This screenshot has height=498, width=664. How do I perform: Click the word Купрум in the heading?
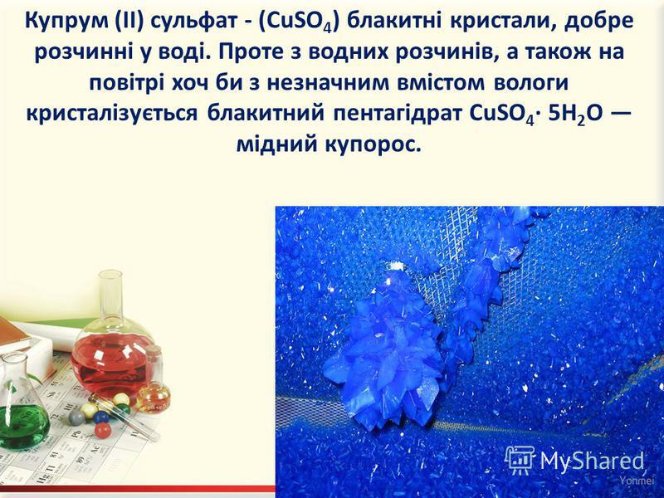tap(66, 22)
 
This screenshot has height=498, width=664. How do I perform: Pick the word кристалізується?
tap(112, 115)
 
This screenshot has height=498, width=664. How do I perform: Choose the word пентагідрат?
tap(397, 115)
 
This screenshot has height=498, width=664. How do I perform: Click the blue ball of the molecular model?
tap(100, 417)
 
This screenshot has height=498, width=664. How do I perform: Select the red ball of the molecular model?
tap(103, 431)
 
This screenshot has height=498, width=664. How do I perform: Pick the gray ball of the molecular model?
tap(76, 417)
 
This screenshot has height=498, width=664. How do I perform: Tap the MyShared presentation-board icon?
tap(520, 460)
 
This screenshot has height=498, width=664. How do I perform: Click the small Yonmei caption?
tap(632, 481)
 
